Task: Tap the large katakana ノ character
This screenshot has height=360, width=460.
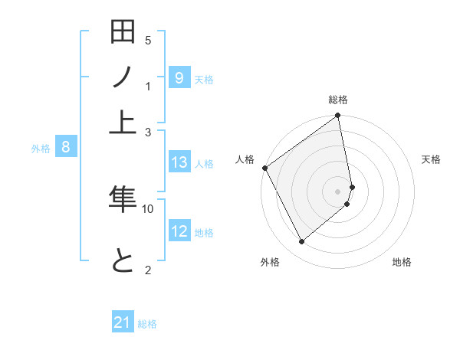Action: (123, 77)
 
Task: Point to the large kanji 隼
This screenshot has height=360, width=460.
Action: (123, 198)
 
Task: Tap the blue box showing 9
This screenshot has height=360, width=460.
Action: (179, 77)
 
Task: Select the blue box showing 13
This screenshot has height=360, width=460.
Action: (179, 162)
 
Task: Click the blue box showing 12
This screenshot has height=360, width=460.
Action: (179, 231)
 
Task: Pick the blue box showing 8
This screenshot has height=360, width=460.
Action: (66, 148)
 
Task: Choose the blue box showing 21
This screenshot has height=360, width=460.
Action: (123, 322)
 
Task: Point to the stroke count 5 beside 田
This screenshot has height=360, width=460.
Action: (148, 40)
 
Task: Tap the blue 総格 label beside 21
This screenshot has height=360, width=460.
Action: (148, 324)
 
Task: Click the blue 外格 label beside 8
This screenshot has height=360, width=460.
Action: (41, 149)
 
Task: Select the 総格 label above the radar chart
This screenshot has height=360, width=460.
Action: (338, 100)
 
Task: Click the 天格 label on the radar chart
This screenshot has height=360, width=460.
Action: (431, 159)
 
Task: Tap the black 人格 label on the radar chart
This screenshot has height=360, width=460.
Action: (245, 159)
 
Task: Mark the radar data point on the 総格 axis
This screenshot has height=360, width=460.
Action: (338, 116)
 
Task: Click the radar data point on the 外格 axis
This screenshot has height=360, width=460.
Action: (301, 242)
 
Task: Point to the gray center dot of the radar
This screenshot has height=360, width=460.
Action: (338, 191)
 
